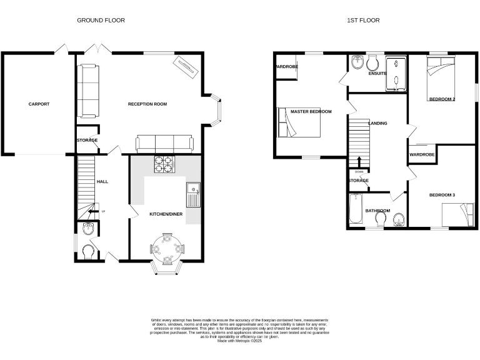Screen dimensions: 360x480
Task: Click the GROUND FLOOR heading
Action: coord(101,21)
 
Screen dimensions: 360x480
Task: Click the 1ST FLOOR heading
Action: coord(363,21)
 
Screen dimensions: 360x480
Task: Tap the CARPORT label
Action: coord(39,104)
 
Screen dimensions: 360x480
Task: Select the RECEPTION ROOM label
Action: coord(147,104)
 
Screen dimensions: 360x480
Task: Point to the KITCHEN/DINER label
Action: coord(166,214)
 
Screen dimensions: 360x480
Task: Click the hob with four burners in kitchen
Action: coord(164,164)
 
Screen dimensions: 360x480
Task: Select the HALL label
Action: coord(102,182)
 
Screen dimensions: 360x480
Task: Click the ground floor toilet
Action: coord(89,251)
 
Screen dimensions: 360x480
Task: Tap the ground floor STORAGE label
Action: coord(87,140)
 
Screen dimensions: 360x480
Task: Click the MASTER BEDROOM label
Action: coord(311,111)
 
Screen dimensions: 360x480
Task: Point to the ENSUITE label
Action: coord(377,74)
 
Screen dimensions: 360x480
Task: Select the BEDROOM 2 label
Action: coord(441,99)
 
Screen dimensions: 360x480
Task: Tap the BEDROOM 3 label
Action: coord(441,196)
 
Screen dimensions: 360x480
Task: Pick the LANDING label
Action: coord(377,123)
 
